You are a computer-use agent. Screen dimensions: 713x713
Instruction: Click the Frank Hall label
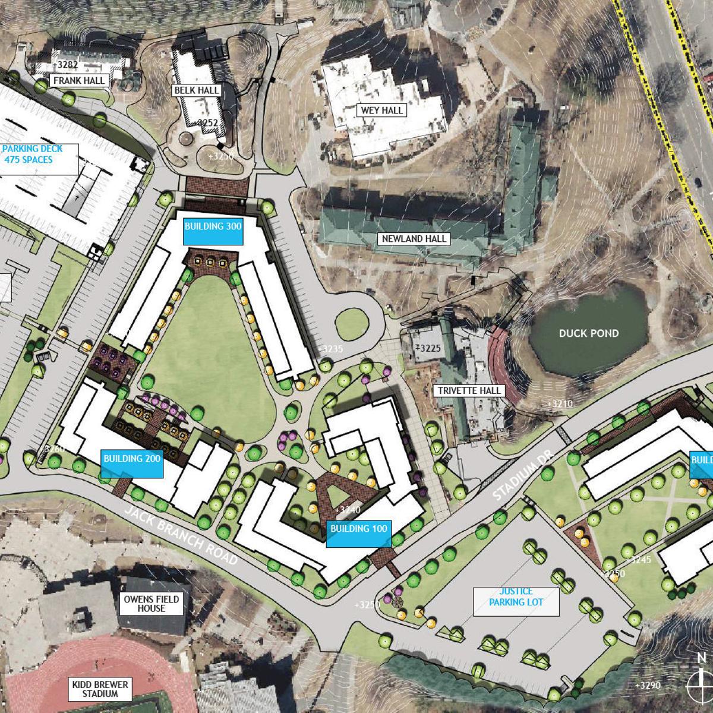tap(78, 80)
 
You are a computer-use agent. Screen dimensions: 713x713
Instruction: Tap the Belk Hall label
tap(197, 90)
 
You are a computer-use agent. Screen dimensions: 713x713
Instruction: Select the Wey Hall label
tap(382, 110)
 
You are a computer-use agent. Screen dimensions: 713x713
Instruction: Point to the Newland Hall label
tap(415, 239)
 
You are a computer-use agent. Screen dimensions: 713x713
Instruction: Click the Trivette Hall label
tap(469, 391)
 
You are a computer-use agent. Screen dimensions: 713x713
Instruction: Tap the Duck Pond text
tap(589, 333)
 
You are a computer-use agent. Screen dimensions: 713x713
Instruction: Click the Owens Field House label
tap(152, 604)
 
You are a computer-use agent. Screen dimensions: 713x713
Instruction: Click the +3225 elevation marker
tap(428, 348)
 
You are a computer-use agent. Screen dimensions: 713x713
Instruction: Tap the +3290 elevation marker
tap(647, 685)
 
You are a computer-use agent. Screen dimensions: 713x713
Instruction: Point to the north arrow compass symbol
tap(702, 677)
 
